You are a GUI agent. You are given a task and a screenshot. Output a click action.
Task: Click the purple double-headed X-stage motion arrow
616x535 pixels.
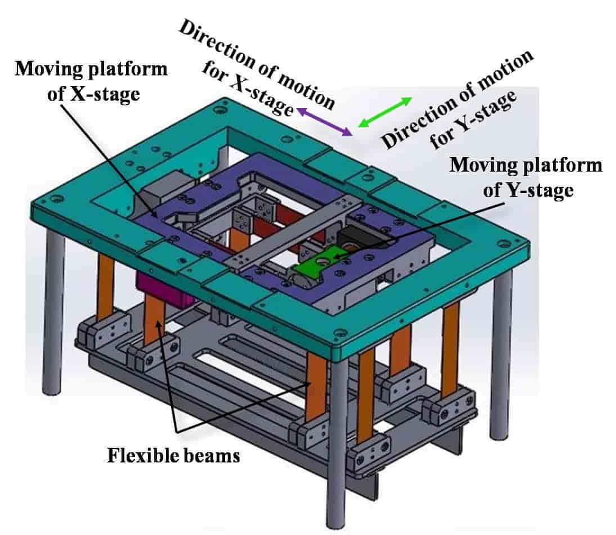(x=325, y=122)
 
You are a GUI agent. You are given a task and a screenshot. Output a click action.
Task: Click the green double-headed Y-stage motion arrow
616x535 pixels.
(x=385, y=112)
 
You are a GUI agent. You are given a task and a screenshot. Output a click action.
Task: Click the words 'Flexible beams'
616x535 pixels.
(x=173, y=456)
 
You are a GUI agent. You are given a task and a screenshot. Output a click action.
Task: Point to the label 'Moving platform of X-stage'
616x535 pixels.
(x=91, y=82)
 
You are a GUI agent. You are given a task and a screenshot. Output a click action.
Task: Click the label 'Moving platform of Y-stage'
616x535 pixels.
(x=525, y=177)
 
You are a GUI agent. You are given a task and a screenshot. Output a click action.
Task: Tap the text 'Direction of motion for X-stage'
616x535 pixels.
(x=257, y=69)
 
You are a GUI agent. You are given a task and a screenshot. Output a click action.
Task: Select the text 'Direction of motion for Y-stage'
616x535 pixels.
(x=458, y=100)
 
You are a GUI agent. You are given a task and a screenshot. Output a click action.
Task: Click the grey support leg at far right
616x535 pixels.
(x=501, y=353)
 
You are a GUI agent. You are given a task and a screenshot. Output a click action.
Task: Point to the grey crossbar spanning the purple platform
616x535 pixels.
(x=293, y=231)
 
